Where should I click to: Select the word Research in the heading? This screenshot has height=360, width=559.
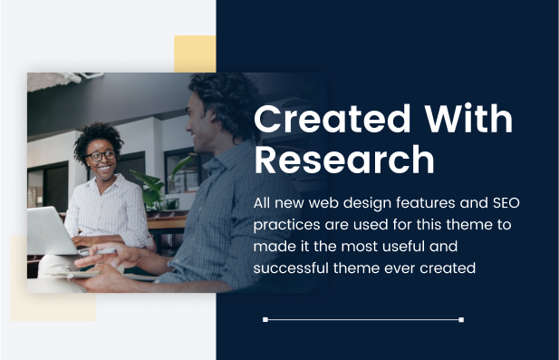344,159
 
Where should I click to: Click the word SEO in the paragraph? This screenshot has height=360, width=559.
506,203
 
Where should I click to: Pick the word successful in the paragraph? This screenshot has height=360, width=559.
291,268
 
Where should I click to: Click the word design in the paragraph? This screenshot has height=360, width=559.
367,204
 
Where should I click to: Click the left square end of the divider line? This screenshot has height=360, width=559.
265,320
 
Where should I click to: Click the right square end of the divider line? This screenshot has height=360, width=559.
461,320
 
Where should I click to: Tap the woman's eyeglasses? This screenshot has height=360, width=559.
101,156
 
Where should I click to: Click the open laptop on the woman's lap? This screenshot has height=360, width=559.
53,232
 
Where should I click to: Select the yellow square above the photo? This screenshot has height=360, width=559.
195,54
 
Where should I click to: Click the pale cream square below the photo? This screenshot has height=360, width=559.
53,306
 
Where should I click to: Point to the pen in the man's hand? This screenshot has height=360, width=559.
103,251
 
